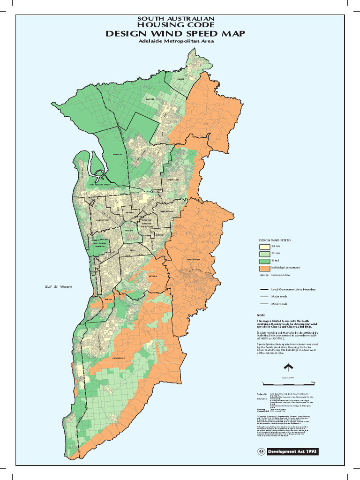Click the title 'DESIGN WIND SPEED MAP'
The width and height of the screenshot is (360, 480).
175,34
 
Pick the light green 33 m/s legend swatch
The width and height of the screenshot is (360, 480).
263,253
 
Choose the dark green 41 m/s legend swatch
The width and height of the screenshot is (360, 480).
263,261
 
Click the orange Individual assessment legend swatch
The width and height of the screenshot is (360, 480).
263,268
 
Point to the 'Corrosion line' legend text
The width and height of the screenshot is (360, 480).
282,275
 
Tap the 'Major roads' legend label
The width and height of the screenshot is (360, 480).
280,297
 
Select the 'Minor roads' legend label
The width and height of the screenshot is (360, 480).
280,304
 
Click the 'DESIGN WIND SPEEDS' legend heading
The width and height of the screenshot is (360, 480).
275,240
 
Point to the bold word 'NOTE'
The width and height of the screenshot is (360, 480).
261,315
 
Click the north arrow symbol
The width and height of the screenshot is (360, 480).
289,367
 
